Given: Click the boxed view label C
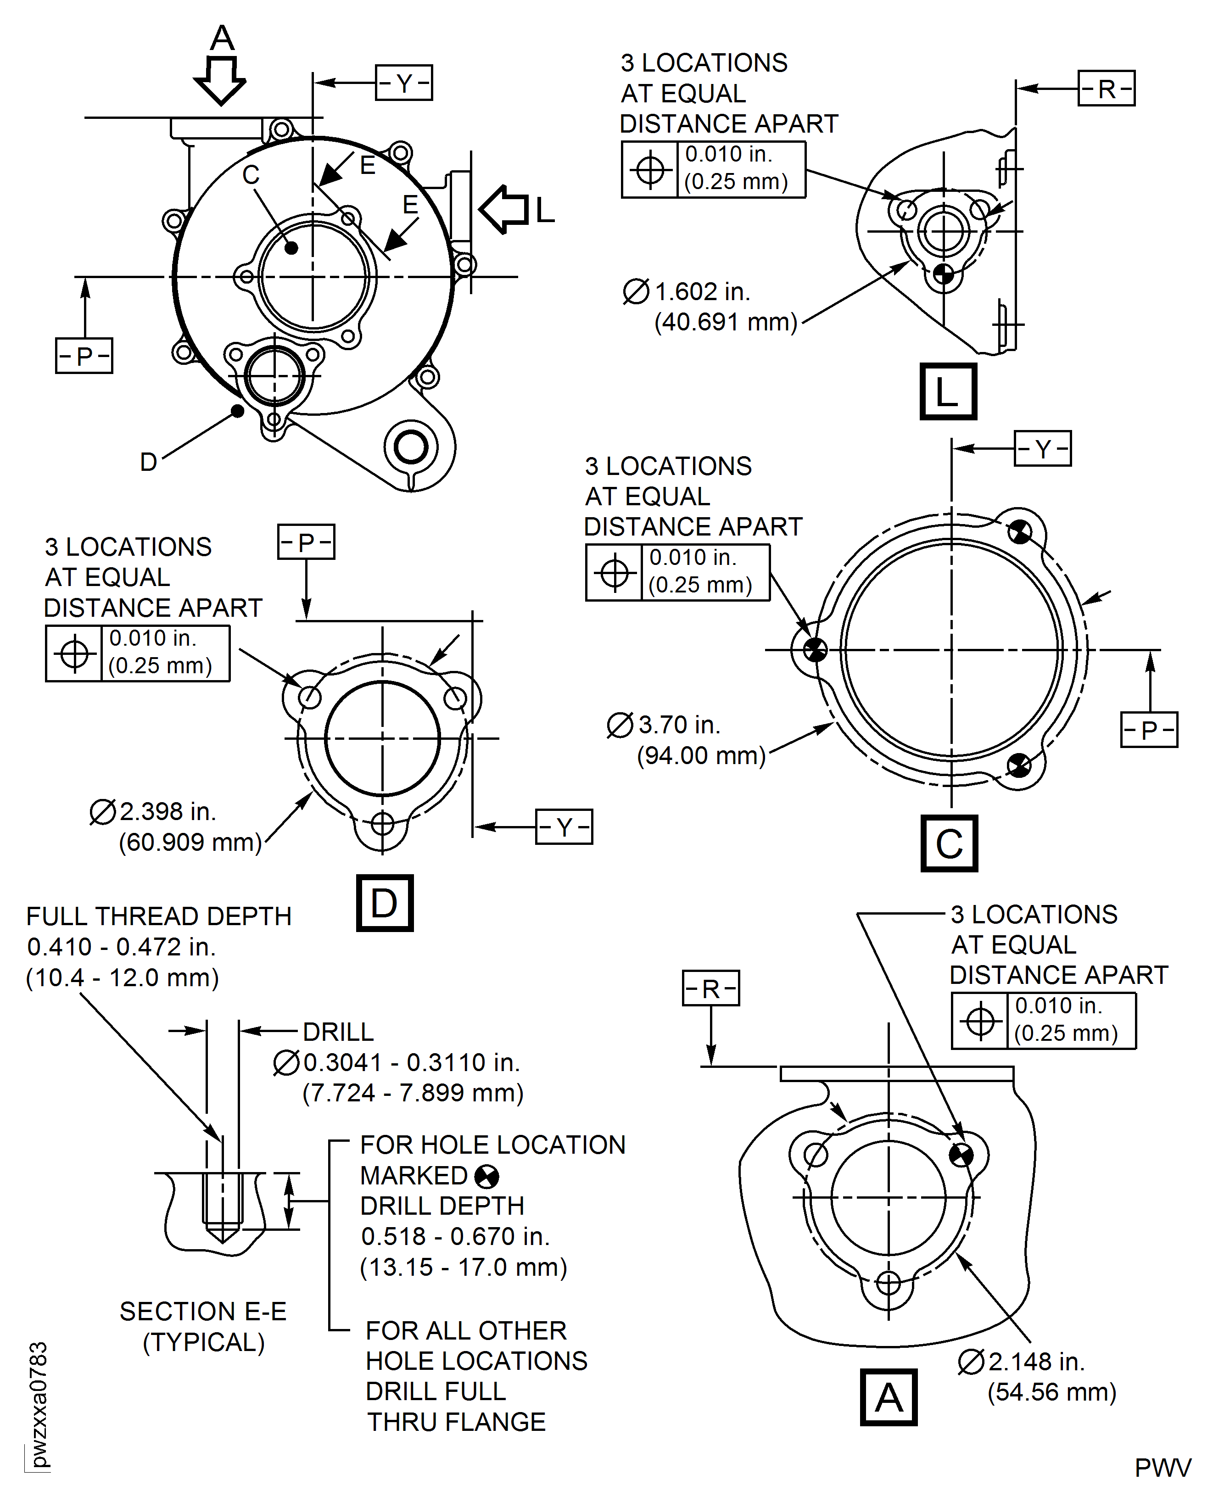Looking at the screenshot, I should pos(949,843).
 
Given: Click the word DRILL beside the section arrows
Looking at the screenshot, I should pos(338,1031).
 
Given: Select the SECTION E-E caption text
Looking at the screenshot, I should pos(203,1311).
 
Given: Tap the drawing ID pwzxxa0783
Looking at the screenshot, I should pos(39,1404).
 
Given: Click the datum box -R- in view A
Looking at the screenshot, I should pos(710,988).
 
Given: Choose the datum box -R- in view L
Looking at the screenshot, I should pos(1106,89).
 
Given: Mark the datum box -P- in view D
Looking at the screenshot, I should pos(306,542).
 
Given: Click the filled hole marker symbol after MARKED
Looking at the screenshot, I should pos(486,1177).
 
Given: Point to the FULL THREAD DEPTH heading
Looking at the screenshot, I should pos(159,916).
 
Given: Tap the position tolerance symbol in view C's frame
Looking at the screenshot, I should pos(614,573).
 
